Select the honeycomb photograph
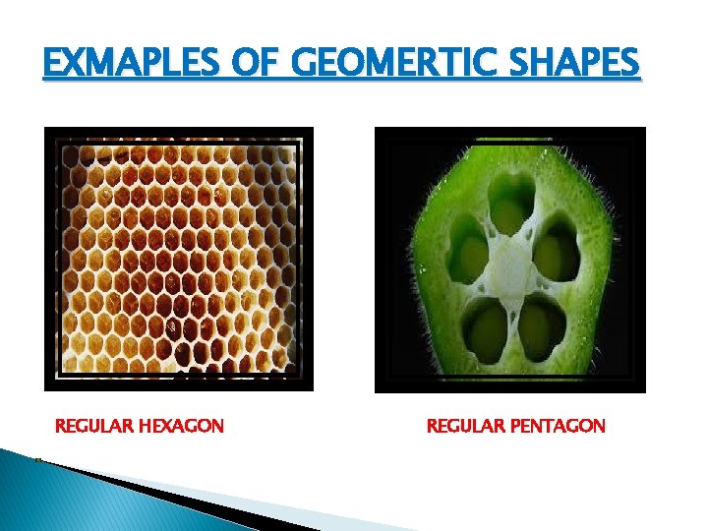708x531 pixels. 178,259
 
